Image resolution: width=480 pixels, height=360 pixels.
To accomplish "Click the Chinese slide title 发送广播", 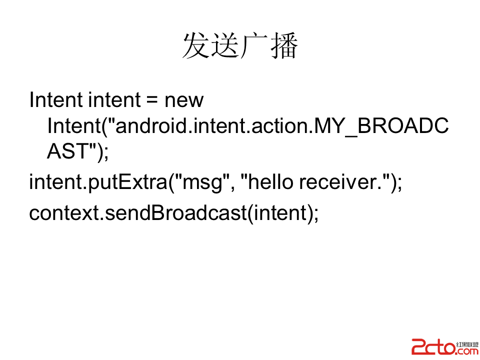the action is coord(240,45).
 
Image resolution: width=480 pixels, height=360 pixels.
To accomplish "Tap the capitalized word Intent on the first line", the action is coord(56,100).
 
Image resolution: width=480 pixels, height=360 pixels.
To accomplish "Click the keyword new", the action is coord(184,101).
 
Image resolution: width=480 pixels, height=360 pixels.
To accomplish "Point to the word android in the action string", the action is coord(150,126).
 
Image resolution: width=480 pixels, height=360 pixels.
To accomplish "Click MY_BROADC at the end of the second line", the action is coord(381,126).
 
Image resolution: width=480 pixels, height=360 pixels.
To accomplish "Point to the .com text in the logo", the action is coord(467,351).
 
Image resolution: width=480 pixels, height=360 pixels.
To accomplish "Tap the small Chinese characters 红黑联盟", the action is coord(467,344).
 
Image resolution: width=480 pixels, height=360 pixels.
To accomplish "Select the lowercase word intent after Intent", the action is coord(114,100).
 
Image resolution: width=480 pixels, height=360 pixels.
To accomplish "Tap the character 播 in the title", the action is coord(284,45).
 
